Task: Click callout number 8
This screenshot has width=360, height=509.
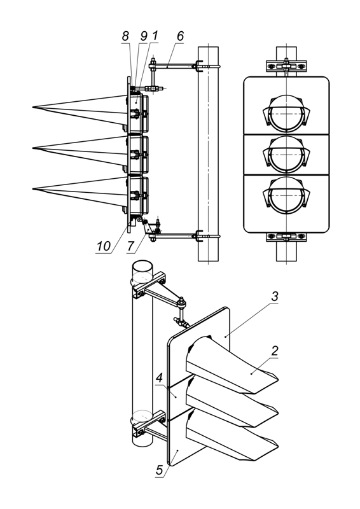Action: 125,36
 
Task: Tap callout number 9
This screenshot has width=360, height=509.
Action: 144,36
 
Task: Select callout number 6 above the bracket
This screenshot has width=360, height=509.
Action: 180,36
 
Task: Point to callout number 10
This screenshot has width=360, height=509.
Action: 104,246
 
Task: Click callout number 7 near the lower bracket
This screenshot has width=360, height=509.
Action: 130,246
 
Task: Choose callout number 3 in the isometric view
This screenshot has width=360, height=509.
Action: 275,296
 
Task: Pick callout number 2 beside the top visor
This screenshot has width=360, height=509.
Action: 275,351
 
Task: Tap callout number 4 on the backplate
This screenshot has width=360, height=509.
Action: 159,378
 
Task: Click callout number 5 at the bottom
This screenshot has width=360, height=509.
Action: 159,470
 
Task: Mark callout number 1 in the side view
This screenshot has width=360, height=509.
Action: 155,36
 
